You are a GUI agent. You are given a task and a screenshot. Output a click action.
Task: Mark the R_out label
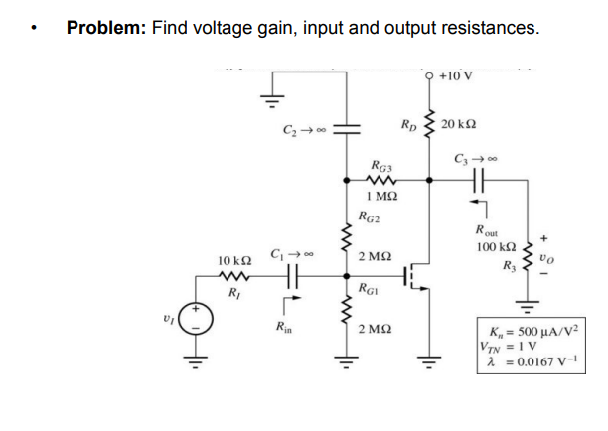(488, 229)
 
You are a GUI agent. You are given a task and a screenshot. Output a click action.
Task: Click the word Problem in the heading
(106, 28)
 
